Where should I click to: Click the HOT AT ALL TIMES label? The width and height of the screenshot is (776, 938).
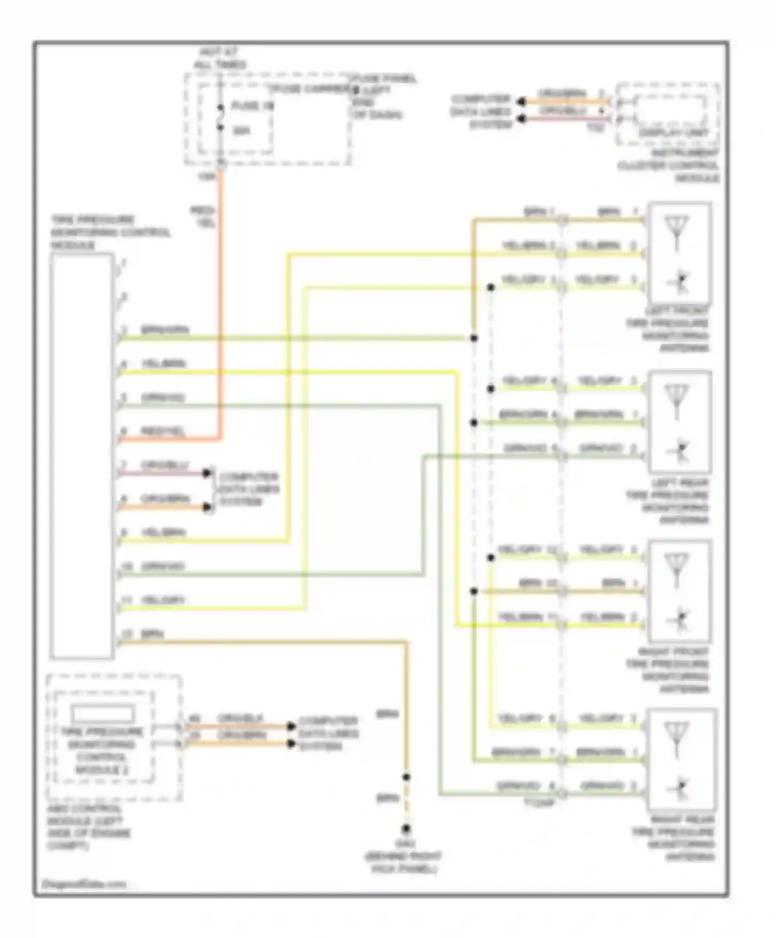point(220,58)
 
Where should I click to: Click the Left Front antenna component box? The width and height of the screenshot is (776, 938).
point(679,253)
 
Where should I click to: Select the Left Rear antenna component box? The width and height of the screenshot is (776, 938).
point(679,421)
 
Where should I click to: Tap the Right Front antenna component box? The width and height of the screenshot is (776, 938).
point(679,591)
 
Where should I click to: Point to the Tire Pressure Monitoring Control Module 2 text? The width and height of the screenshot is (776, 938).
point(102,750)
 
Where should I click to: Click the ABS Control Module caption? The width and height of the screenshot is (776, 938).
point(88,827)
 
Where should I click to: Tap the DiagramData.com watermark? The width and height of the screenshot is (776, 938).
point(84,884)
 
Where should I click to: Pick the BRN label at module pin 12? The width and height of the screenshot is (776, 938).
point(153,634)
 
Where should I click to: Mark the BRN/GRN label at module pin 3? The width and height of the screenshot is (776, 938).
point(165,330)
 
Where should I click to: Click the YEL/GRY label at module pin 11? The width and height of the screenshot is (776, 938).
point(163,600)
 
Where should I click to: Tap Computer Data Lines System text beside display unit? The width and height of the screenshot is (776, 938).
point(481,112)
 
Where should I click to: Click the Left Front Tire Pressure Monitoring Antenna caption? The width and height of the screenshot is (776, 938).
point(668,329)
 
